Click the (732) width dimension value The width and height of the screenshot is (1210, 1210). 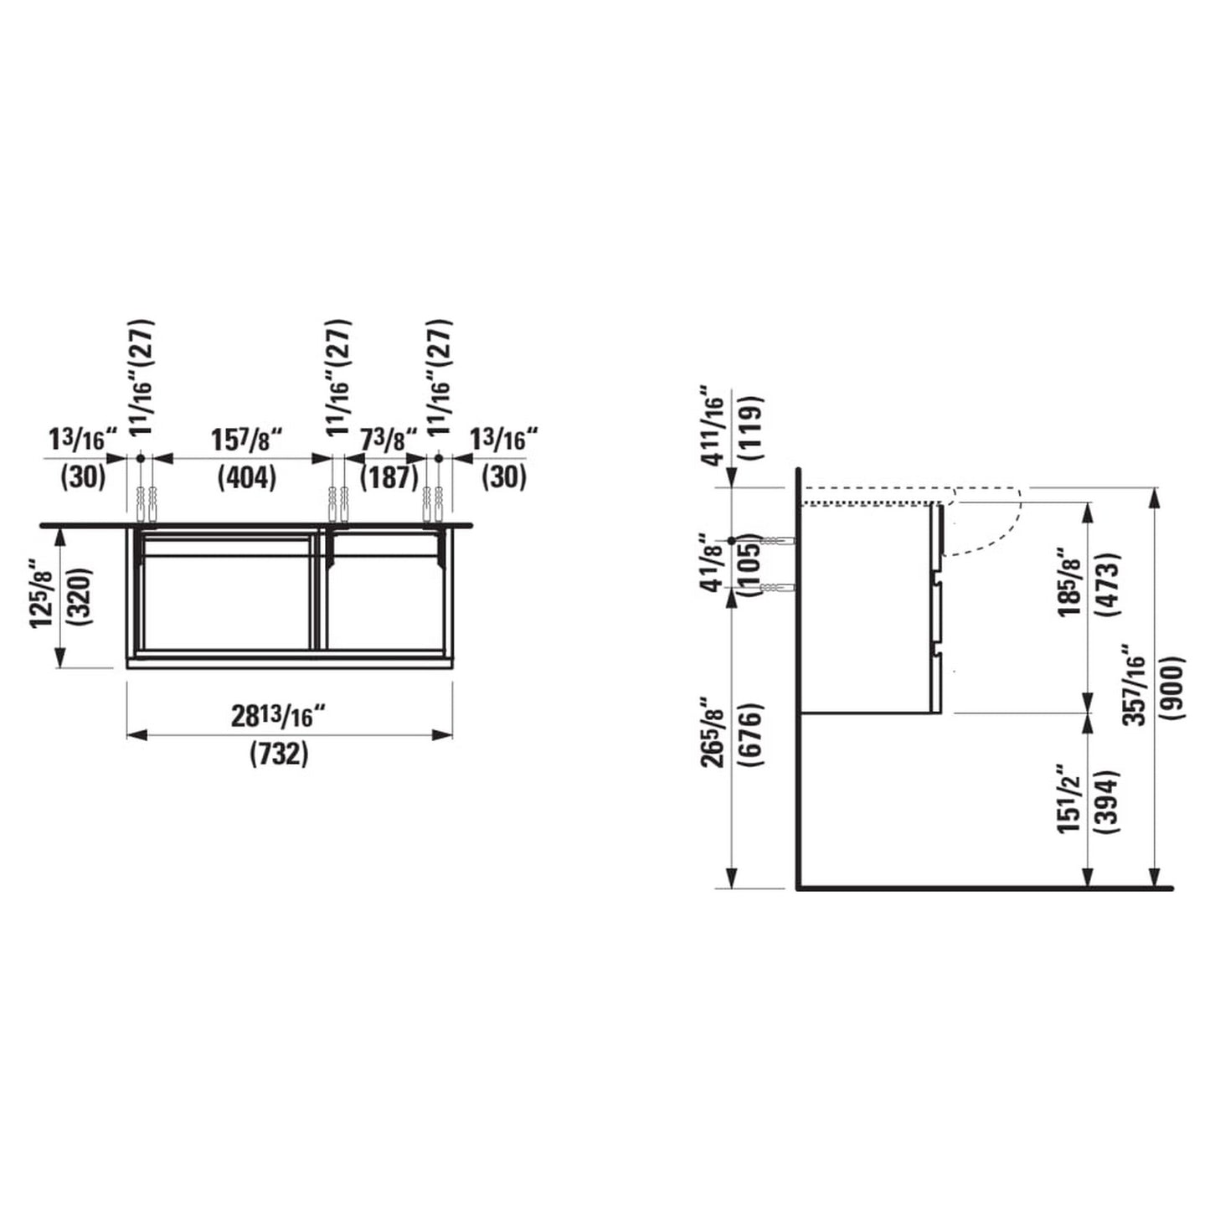(279, 755)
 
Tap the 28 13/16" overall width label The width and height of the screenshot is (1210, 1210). (278, 718)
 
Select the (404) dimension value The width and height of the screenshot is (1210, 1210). (246, 478)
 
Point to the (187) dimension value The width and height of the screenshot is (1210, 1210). (389, 478)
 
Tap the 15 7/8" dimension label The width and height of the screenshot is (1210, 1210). (246, 440)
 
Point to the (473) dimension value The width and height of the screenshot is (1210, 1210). (1112, 584)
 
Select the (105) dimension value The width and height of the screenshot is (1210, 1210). (752, 563)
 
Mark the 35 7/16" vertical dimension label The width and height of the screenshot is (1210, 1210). (1135, 685)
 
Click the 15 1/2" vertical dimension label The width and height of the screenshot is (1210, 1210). (1070, 799)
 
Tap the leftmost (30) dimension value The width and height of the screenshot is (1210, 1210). (83, 478)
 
